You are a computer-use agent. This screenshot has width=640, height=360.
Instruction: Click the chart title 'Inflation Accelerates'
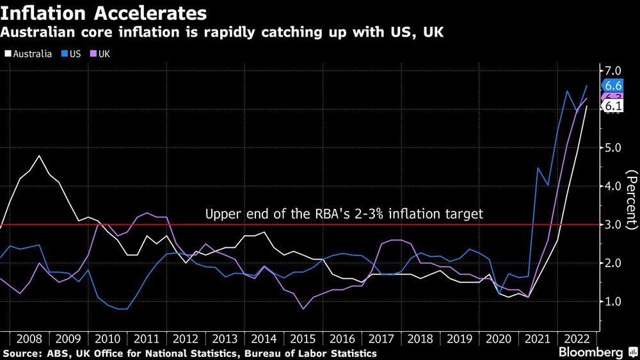tap(104, 13)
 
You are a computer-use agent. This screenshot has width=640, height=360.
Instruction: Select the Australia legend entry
tap(28, 54)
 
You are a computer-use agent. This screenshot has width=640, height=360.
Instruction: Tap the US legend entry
tap(70, 54)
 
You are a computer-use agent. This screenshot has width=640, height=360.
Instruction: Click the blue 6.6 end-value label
tap(612, 86)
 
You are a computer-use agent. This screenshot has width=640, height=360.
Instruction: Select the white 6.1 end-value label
tap(612, 106)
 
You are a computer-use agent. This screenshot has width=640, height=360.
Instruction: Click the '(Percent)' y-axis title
tap(631, 199)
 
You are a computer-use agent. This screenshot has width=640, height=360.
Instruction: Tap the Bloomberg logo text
tap(591, 352)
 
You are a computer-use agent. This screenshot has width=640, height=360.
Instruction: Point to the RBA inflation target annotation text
tap(344, 214)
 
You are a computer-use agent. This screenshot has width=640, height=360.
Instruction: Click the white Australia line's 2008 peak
tap(40, 156)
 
